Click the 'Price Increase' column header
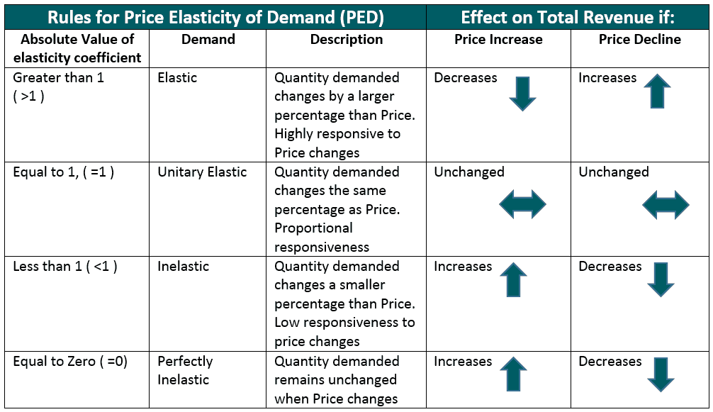[498, 40]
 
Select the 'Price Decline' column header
[640, 40]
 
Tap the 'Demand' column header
[208, 40]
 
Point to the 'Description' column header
[347, 40]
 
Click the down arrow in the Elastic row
[522, 94]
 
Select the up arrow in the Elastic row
[657, 91]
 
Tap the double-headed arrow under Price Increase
[522, 205]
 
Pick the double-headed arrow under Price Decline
[666, 205]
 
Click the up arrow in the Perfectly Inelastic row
[513, 374]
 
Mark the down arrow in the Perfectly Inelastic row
[661, 374]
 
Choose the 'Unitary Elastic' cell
[203, 172]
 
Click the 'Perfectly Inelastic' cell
[185, 370]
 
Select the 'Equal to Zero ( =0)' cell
[70, 362]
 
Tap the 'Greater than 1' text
[59, 78]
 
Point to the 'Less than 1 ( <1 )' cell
[65, 267]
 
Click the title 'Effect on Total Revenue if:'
[568, 17]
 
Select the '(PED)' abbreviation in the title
[361, 18]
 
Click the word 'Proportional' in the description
[313, 228]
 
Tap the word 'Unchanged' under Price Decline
[613, 172]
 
